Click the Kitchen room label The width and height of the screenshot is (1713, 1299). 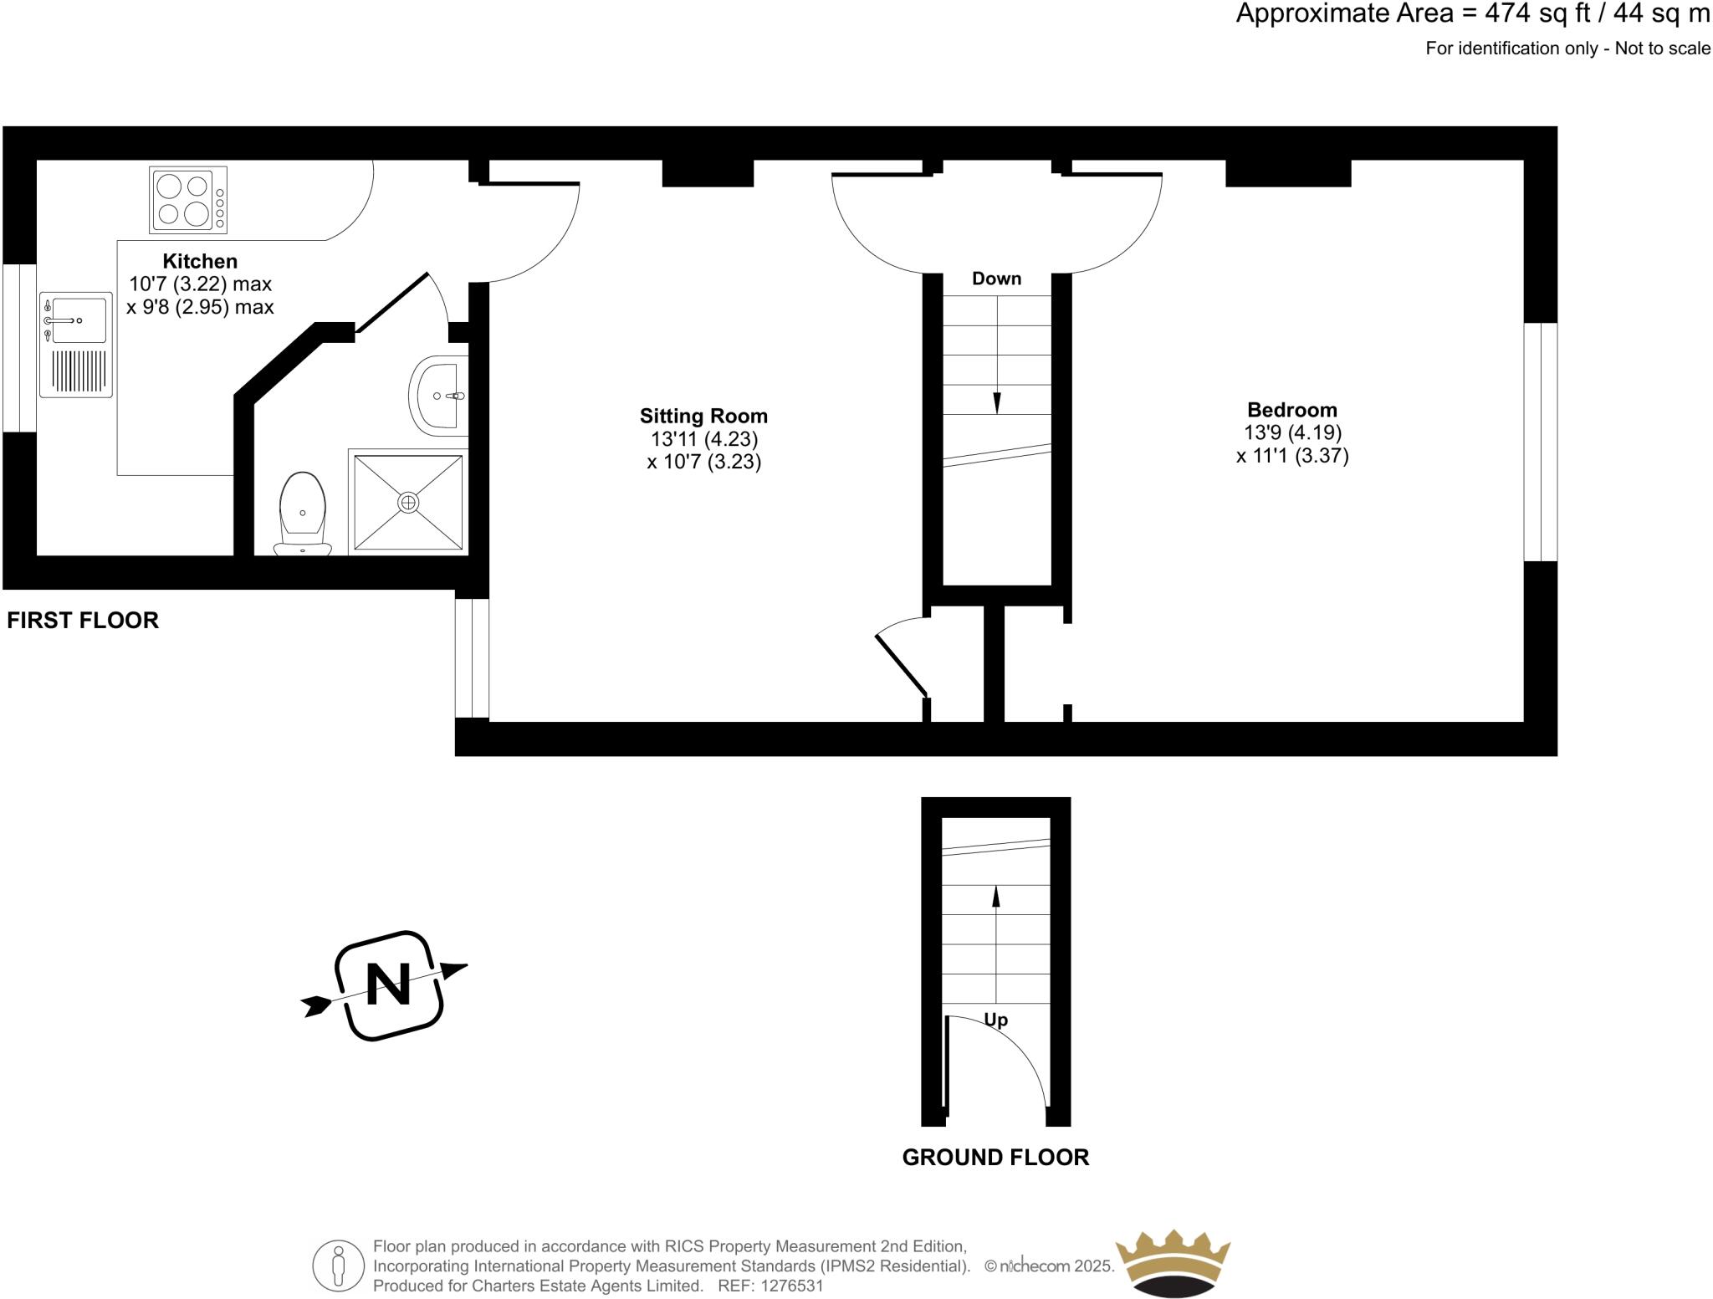200,261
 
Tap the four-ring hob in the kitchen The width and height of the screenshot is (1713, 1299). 187,200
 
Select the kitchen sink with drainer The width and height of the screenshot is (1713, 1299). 75,344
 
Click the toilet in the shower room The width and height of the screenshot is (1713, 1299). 303,513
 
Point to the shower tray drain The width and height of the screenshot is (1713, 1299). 408,502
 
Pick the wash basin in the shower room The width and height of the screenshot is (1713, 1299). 438,396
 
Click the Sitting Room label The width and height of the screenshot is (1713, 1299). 703,416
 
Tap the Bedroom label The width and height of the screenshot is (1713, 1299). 1291,410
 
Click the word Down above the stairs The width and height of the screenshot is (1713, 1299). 996,279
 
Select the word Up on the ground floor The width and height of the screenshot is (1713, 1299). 995,1020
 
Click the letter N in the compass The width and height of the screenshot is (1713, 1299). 389,984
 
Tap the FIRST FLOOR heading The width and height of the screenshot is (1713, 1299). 83,620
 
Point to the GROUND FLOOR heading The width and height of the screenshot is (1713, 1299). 995,1157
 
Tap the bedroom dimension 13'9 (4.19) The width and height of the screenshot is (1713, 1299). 1292,432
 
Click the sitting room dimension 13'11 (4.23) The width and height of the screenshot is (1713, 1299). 703,439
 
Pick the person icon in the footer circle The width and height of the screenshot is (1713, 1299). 339,1266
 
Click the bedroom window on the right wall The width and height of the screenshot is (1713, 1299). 1540,442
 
